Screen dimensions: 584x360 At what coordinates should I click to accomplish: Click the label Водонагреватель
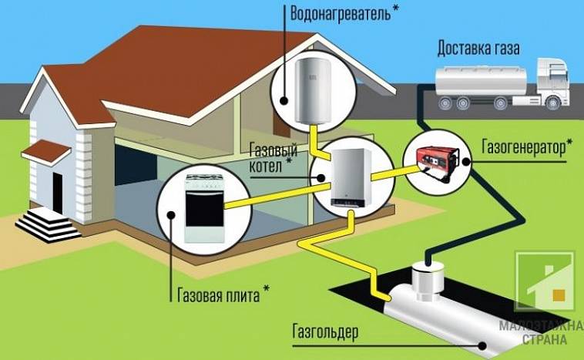[x=341, y=14]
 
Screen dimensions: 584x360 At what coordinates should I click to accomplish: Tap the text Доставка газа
[x=478, y=49]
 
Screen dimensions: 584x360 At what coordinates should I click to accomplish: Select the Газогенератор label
[x=523, y=147]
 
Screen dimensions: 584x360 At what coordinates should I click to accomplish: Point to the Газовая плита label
[x=219, y=295]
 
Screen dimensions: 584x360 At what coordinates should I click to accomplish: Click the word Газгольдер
[x=325, y=331]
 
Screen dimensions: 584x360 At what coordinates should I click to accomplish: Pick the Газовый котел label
[x=273, y=158]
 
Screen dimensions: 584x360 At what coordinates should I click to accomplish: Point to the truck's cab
[x=552, y=82]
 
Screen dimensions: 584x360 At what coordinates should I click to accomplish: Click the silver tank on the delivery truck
[x=481, y=80]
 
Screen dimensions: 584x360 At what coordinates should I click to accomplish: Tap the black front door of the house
[x=57, y=193]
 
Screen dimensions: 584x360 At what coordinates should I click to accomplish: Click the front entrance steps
[x=49, y=225]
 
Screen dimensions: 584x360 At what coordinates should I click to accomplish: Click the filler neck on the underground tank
[x=428, y=281]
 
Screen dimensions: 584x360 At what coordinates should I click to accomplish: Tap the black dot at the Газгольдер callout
[x=483, y=345]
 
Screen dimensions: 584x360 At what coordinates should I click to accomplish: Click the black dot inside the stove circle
[x=171, y=214]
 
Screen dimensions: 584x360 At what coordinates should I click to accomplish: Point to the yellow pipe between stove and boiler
[x=277, y=194]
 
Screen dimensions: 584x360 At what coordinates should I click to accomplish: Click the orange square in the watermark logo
[x=559, y=295]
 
